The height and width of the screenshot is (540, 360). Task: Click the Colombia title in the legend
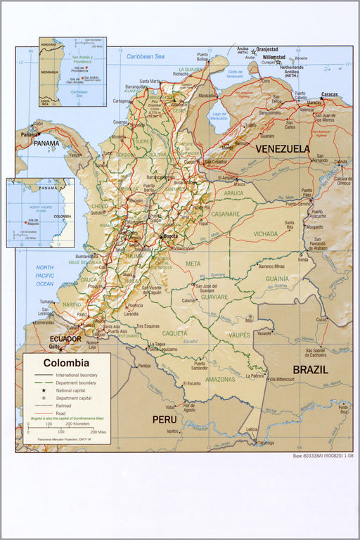point(66,364)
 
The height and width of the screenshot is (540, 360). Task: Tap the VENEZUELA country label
point(283,148)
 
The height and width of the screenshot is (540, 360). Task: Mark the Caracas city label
point(329,94)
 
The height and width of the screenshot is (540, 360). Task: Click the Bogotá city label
point(170,236)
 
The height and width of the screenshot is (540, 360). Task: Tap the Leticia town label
point(251,428)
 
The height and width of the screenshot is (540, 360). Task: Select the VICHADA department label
point(266,233)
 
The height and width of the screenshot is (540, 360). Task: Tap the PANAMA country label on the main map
point(47,143)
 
